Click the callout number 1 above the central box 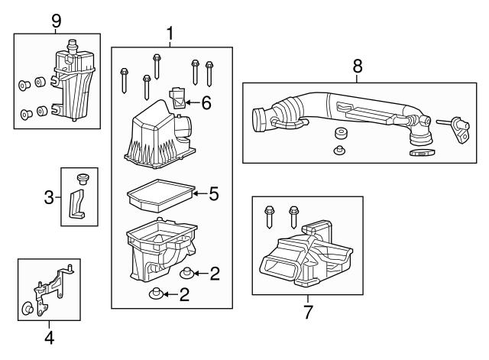(170, 34)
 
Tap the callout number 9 (56, 21)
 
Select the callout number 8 (356, 66)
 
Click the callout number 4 (48, 336)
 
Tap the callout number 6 (206, 102)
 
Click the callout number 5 (213, 194)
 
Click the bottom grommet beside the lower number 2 (156, 294)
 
